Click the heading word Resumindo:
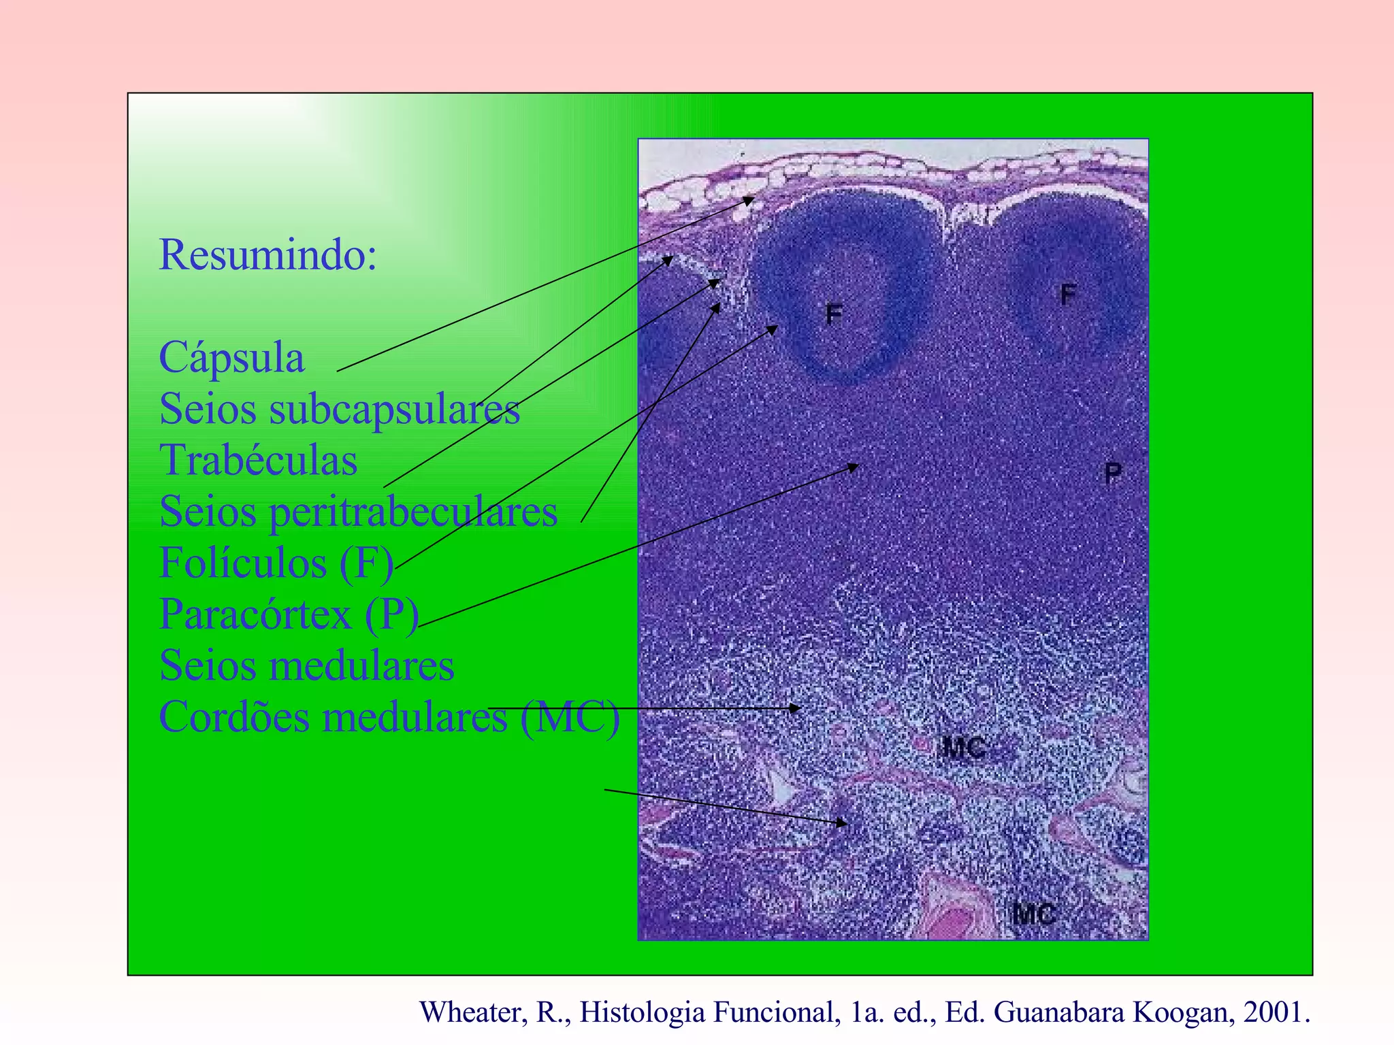268,255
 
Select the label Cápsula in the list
231,358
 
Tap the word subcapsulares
394,410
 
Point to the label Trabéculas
258,461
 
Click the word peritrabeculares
413,512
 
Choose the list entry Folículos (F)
276,563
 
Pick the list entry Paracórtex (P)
289,614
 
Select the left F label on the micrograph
834,314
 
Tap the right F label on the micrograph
1068,295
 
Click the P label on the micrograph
1113,472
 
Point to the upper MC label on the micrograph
962,748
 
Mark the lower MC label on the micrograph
1033,914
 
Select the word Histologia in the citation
643,1013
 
